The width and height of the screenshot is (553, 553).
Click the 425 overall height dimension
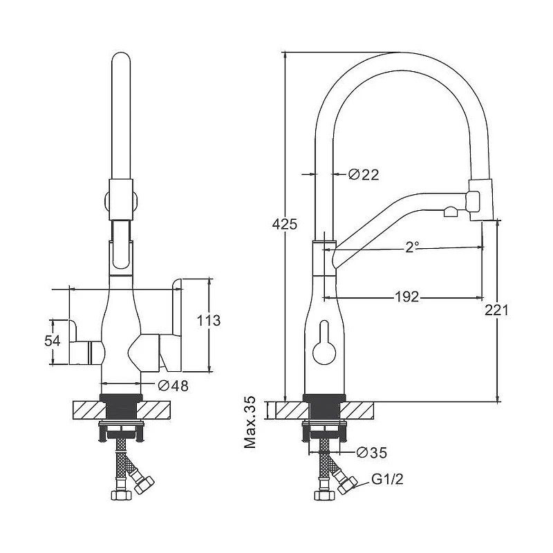(285, 224)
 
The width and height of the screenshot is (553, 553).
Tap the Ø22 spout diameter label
(364, 175)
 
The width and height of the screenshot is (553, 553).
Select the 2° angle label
(411, 247)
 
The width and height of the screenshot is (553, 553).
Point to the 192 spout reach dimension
(406, 297)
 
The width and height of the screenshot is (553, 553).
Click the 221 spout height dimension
(496, 310)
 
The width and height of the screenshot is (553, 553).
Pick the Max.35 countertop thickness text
(250, 422)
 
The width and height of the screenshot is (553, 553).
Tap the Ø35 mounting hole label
(371, 453)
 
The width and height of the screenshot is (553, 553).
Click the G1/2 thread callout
(387, 479)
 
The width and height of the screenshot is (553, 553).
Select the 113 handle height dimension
(209, 321)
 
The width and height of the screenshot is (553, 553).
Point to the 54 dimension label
(53, 341)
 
